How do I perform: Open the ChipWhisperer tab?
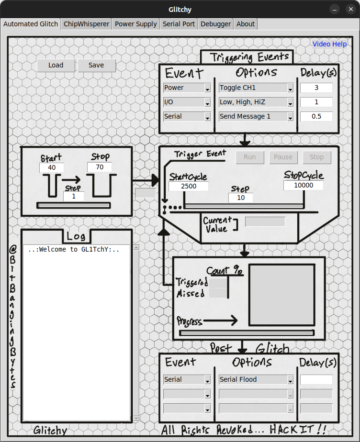pyautogui.click(x=87, y=24)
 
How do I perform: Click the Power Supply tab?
pyautogui.click(x=136, y=24)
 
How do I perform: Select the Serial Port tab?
pyautogui.click(x=179, y=24)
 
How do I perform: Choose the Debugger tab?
pyautogui.click(x=215, y=24)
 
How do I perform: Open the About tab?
pyautogui.click(x=246, y=24)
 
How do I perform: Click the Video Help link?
pyautogui.click(x=329, y=44)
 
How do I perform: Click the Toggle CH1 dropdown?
pyautogui.click(x=256, y=88)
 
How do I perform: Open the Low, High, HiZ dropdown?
pyautogui.click(x=256, y=102)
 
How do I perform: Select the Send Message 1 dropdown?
pyautogui.click(x=256, y=117)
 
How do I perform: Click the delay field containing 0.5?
pyautogui.click(x=316, y=117)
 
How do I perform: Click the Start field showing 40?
pyautogui.click(x=52, y=168)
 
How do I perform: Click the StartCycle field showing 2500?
pyautogui.click(x=189, y=186)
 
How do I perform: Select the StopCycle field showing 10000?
pyautogui.click(x=303, y=186)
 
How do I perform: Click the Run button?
pyautogui.click(x=249, y=157)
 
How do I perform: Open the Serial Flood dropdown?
pyautogui.click(x=256, y=380)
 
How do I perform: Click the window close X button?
pyautogui.click(x=350, y=9)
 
